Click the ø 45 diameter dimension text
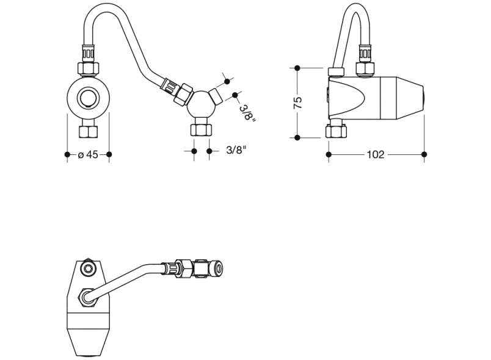point(89,155)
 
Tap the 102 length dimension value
point(375,155)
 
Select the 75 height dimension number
point(298,103)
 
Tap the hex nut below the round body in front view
point(88,131)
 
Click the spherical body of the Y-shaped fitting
point(200,106)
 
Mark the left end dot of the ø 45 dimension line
point(67,155)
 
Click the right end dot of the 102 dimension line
point(424,155)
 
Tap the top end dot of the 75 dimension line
point(297,67)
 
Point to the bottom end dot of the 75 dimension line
point(297,137)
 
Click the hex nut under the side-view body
point(336,131)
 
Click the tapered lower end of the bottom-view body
point(91,342)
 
